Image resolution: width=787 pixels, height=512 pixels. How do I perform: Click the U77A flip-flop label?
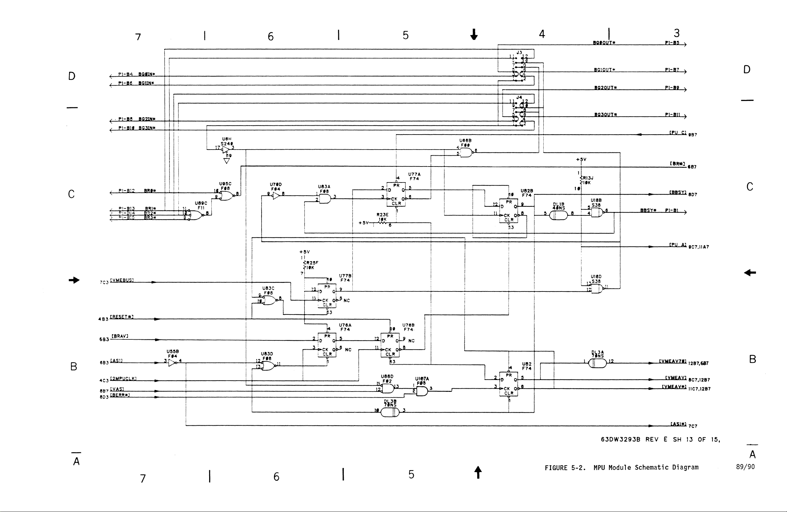pos(414,174)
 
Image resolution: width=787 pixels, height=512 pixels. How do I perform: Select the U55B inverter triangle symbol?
pos(172,363)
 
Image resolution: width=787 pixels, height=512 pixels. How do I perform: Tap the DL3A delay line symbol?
pos(597,363)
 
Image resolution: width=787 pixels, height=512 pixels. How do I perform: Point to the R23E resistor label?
pos(382,215)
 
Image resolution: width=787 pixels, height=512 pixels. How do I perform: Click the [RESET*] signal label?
pos(122,317)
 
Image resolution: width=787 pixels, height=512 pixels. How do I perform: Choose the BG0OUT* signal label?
pos(604,43)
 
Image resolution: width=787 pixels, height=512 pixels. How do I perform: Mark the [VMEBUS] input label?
pos(122,280)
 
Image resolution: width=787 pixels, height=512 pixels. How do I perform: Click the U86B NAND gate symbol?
pos(466,152)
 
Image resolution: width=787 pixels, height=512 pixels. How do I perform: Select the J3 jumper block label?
pos(519,52)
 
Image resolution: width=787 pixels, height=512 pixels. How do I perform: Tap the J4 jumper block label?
pos(519,97)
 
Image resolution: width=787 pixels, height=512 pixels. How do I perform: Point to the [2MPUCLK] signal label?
pos(123,378)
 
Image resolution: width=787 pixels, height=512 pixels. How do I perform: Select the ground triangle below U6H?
pos(227,161)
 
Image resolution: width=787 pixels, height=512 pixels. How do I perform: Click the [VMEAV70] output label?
pos(673,361)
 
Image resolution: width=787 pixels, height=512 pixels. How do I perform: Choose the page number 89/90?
pos(745,467)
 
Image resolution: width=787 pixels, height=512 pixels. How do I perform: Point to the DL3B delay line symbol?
pos(390,413)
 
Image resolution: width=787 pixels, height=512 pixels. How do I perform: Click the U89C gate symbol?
pos(195,215)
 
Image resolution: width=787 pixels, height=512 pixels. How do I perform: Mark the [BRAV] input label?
pos(120,336)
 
